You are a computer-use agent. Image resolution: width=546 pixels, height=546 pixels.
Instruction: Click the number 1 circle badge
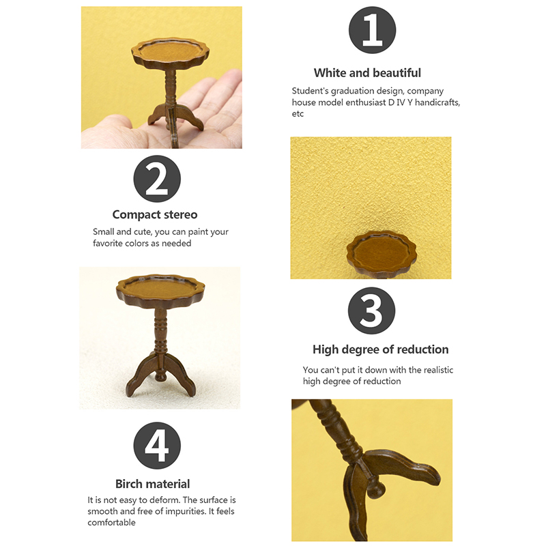click(372, 30)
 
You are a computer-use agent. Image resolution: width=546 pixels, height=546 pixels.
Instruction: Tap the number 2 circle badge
click(157, 179)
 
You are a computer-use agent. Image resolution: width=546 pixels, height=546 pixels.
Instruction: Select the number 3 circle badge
click(371, 311)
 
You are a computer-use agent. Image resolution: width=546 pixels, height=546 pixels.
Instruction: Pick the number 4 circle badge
click(157, 446)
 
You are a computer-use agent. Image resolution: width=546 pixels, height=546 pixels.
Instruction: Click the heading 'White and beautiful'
click(367, 73)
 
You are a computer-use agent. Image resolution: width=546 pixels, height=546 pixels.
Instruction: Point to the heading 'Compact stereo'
click(155, 214)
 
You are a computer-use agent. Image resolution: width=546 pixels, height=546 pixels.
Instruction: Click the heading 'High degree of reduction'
click(380, 349)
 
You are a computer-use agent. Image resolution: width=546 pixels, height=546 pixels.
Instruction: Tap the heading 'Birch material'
click(152, 484)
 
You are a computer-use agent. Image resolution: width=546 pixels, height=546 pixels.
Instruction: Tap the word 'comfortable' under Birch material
click(111, 522)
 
